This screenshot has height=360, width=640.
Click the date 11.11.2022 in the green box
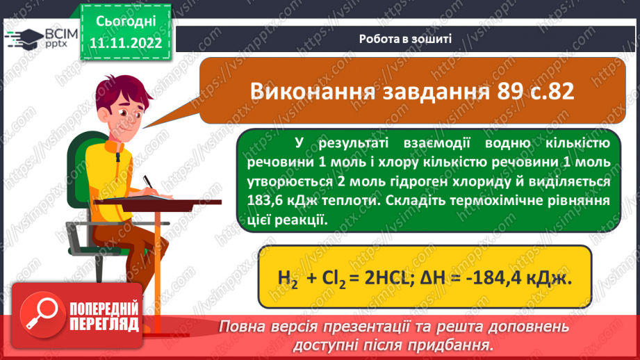(125, 42)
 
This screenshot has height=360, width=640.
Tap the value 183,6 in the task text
(267, 200)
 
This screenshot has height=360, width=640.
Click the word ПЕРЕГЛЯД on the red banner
(104, 325)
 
